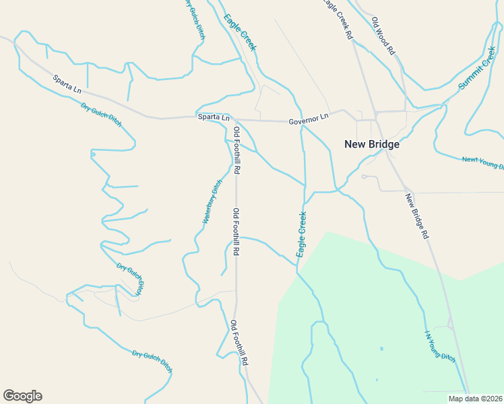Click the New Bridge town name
372,144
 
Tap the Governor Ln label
308,119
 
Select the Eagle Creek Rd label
338,18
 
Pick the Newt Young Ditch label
482,162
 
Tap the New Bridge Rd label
417,216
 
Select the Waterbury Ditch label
212,202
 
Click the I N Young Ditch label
439,347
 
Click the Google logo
22,396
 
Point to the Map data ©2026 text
476,398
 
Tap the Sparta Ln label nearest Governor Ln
214,117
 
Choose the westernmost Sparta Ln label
67,84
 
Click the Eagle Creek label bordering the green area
302,234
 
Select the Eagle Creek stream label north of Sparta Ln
240,32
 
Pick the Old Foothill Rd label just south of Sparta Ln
237,150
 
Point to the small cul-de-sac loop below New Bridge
364,177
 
